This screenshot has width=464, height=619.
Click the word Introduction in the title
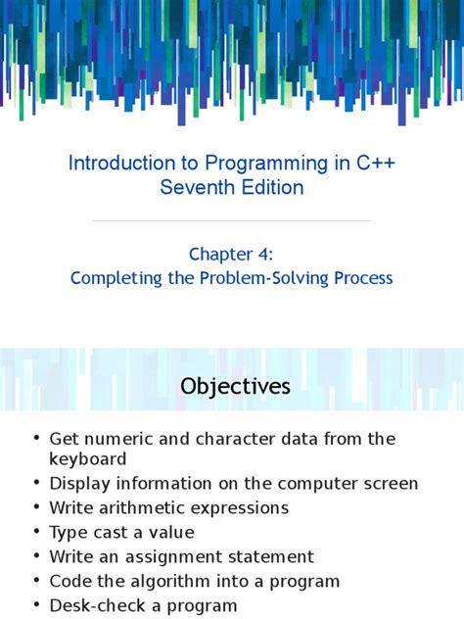tap(116, 163)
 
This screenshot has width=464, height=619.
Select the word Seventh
tap(196, 187)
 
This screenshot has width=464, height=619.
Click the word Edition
tap(269, 187)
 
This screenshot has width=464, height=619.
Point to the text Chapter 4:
tap(232, 254)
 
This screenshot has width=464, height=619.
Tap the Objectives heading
tap(235, 387)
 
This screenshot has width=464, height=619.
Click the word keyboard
tap(88, 458)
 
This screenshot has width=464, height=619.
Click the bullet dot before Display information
tap(36, 484)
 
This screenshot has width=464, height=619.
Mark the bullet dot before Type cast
tap(36, 533)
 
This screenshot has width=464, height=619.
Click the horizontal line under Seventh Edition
tap(232, 221)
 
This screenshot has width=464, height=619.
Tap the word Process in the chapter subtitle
tap(362, 278)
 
